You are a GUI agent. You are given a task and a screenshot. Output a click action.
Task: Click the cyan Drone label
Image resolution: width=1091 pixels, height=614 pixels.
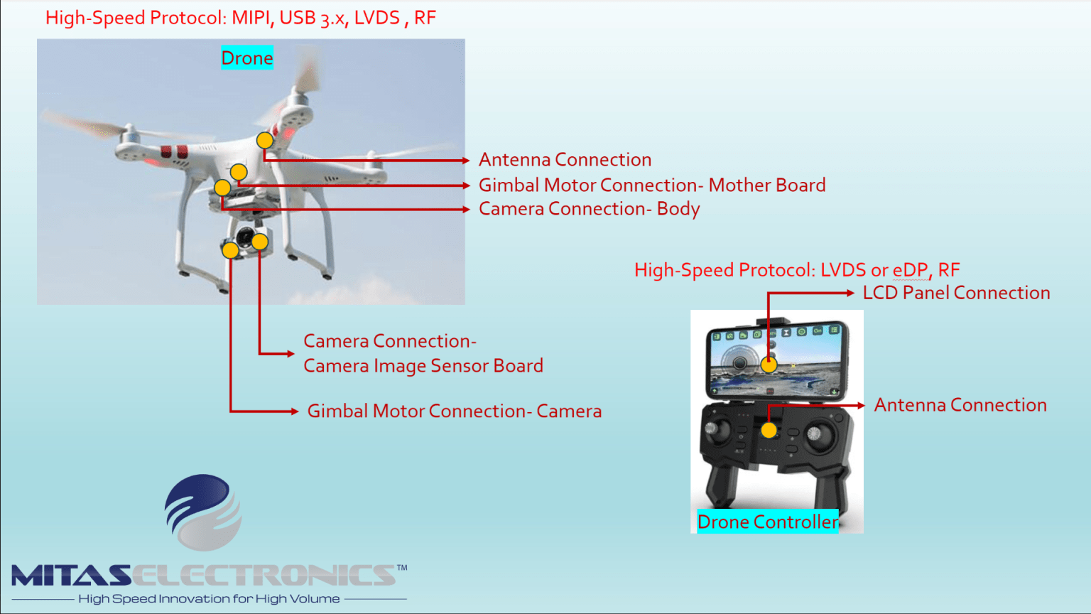coord(247,58)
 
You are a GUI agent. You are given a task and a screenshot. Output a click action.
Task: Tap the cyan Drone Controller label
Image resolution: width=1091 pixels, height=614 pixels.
coord(768,522)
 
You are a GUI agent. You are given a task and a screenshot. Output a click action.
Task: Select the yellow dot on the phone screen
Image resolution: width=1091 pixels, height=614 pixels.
coord(769,365)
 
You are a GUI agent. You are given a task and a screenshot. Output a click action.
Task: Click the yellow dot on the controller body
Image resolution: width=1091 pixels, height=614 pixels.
coord(769,430)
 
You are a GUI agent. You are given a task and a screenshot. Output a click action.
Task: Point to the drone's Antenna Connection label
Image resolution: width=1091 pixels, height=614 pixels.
coord(565,160)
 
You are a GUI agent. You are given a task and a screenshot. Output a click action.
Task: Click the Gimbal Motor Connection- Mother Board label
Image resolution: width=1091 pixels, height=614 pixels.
coord(652,185)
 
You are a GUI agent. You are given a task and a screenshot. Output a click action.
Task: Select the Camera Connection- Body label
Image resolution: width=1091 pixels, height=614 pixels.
coord(590,208)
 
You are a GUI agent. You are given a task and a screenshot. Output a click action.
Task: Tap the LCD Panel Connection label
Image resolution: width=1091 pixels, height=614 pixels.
coord(956,293)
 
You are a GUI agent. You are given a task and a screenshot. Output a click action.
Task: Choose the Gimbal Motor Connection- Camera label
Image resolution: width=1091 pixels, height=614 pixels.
coord(455,411)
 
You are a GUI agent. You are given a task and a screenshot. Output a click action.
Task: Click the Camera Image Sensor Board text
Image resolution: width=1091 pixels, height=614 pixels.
coord(423,366)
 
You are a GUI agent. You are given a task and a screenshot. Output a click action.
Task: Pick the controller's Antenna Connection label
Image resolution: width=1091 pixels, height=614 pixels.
coord(960,405)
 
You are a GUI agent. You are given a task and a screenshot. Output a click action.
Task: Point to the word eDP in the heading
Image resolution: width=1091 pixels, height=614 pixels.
coord(910,270)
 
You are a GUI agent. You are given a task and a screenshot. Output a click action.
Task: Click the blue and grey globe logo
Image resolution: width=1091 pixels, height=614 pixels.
coord(203,512)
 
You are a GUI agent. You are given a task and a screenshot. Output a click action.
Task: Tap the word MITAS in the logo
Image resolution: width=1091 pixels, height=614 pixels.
coord(71,576)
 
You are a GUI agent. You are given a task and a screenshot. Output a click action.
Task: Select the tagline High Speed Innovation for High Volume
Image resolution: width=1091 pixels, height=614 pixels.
coord(209,598)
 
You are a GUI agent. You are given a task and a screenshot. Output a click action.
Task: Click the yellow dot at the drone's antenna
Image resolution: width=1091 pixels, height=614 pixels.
coord(265,140)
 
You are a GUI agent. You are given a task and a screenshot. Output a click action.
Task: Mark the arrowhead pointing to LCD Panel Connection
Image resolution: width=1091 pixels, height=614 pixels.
coord(850,293)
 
